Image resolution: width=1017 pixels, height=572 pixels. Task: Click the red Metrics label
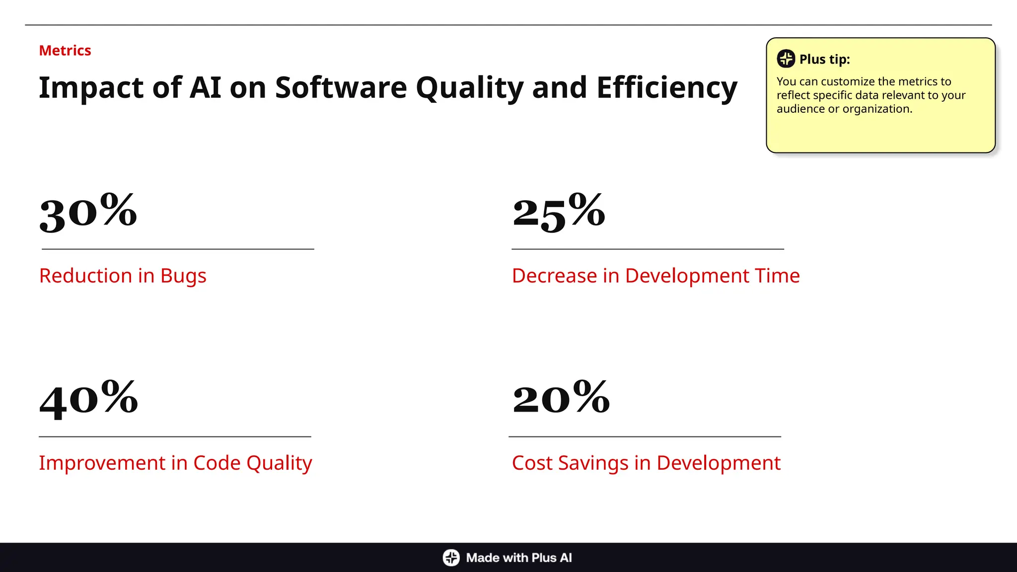click(65, 51)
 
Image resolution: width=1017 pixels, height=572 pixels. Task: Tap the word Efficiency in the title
click(667, 88)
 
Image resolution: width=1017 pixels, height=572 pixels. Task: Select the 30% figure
click(88, 213)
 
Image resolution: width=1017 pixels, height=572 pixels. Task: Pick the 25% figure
click(559, 213)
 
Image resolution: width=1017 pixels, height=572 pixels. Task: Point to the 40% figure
click(88, 399)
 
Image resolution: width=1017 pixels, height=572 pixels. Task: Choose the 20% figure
click(561, 399)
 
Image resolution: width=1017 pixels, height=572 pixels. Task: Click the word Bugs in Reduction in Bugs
click(183, 276)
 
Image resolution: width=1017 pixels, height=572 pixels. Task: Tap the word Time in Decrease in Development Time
click(777, 276)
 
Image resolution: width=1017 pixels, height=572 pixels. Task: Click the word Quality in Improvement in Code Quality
click(279, 463)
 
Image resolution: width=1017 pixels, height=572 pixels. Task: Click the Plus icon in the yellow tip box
click(786, 59)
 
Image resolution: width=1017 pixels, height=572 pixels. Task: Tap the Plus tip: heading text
click(824, 59)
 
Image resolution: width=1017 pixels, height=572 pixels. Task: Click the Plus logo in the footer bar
click(451, 558)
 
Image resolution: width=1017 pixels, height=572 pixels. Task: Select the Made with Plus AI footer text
click(519, 558)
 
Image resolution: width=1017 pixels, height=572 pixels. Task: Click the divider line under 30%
click(178, 249)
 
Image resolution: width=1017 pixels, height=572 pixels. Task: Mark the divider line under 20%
click(645, 437)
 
